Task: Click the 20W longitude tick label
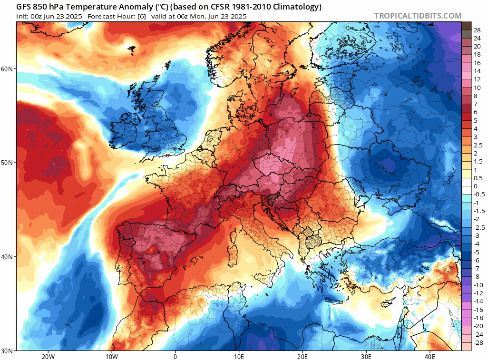point(48,356)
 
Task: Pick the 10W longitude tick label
point(111,356)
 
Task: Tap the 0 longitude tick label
point(175,356)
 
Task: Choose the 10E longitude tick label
point(239,356)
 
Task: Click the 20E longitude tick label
point(302,356)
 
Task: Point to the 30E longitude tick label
point(366,356)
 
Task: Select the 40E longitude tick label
point(429,356)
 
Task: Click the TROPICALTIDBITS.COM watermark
point(418,16)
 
